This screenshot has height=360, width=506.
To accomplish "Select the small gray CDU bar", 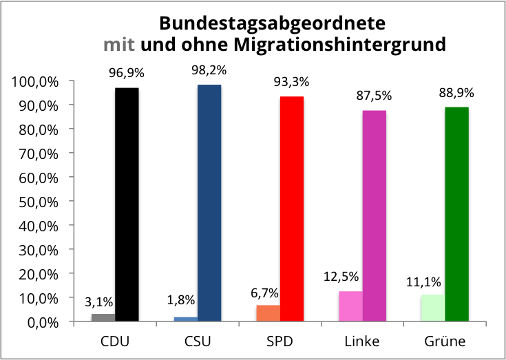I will pyautogui.click(x=103, y=317).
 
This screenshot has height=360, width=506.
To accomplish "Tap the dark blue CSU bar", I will pyautogui.click(x=209, y=203).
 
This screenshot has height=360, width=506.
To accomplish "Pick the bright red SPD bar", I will pyautogui.click(x=292, y=209).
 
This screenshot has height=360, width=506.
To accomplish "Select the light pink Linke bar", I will pyautogui.click(x=350, y=306).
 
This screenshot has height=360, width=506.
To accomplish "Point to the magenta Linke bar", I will pyautogui.click(x=375, y=215).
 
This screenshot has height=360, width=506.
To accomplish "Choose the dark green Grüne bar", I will pyautogui.click(x=457, y=214).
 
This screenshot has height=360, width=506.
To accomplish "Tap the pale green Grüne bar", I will pyautogui.click(x=432, y=308).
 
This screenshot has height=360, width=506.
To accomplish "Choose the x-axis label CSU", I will pyautogui.click(x=197, y=341).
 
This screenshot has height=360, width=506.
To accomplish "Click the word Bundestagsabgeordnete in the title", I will pyautogui.click(x=272, y=24).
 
